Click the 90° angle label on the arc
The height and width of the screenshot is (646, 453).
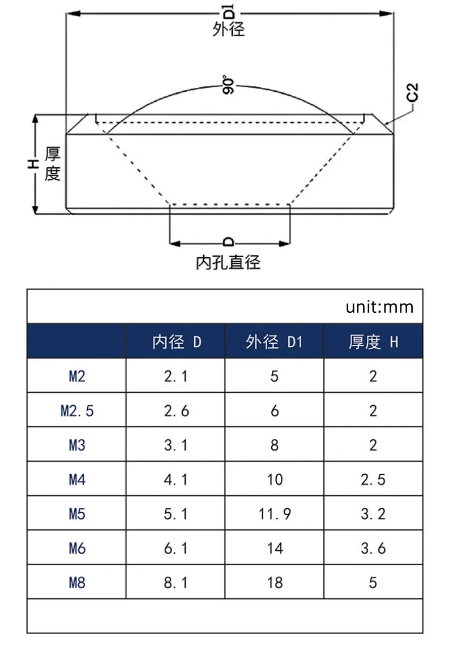tap(228, 85)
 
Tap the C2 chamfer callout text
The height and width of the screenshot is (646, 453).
tap(412, 92)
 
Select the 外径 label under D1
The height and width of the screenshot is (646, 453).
tap(229, 29)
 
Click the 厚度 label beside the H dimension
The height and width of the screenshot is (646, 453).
tap(52, 164)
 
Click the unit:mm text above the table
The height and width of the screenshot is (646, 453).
tap(379, 307)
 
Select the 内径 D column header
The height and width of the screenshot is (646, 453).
tap(176, 342)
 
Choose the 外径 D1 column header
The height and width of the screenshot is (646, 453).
tap(274, 342)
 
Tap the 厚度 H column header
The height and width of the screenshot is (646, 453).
tap(373, 342)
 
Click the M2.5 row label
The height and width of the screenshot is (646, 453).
tap(77, 411)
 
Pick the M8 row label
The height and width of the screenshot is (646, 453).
tap(77, 583)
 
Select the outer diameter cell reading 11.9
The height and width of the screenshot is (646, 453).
tap(275, 514)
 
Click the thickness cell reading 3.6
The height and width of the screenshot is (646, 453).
tap(373, 549)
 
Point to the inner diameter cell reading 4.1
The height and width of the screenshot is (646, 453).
tap(176, 479)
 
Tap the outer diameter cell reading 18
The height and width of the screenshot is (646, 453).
tap(275, 583)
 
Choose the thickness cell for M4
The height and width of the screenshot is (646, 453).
tap(373, 479)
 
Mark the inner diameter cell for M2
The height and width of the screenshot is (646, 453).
tap(176, 376)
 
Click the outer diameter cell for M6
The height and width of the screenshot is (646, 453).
tap(275, 549)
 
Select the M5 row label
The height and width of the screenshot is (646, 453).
tap(77, 514)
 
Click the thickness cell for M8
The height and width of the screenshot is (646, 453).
tap(373, 583)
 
